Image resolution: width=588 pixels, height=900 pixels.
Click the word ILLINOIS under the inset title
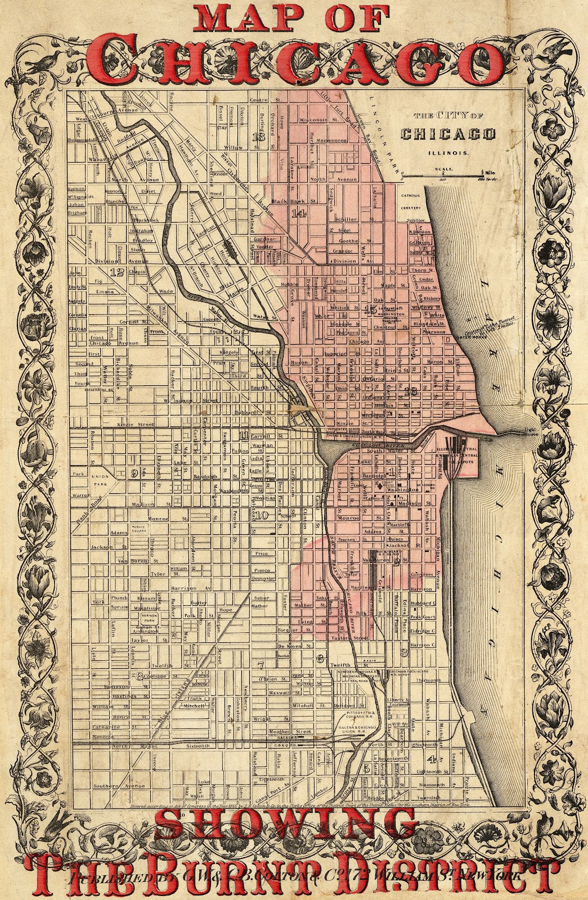pyautogui.click(x=448, y=152)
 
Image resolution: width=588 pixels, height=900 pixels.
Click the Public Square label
pyautogui.click(x=139, y=529)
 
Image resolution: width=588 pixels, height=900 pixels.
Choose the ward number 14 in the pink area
pyautogui.click(x=298, y=213)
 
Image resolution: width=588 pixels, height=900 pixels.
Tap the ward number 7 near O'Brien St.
pyautogui.click(x=260, y=665)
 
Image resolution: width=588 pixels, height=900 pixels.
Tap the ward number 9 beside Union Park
pyautogui.click(x=134, y=472)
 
